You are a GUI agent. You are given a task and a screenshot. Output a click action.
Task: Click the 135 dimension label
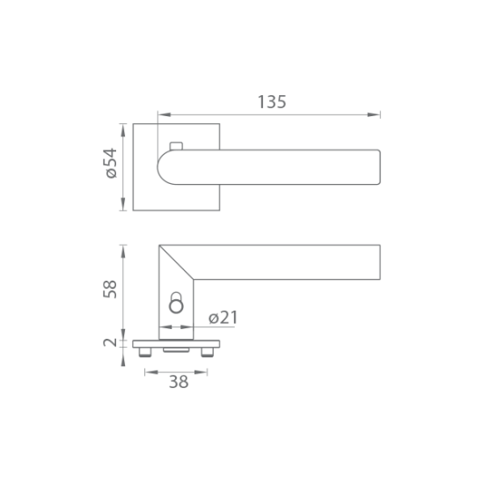tap(272, 102)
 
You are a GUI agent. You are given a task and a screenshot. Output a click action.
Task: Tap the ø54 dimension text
tap(112, 163)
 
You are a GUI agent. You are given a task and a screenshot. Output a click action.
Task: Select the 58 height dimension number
tap(110, 290)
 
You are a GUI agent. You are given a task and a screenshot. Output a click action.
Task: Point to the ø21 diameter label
tap(224, 318)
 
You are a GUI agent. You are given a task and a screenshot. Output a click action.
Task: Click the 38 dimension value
tap(179, 382)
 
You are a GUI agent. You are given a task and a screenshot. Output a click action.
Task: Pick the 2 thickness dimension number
tap(110, 342)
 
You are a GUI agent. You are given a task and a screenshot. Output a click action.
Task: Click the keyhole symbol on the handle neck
tap(176, 303)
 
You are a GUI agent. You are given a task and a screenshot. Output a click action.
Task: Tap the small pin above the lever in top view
tap(176, 146)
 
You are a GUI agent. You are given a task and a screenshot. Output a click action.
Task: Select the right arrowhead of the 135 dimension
tap(374, 114)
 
